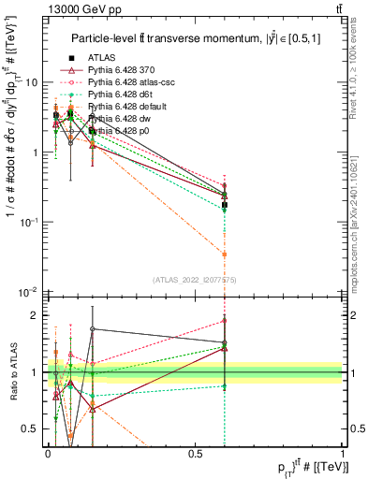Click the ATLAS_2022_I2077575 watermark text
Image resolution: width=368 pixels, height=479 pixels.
(195, 280)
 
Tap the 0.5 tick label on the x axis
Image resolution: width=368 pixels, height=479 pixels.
(194, 454)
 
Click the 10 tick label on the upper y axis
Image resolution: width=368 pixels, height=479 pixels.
(31, 82)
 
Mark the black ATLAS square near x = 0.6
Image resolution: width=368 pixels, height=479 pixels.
(225, 204)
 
